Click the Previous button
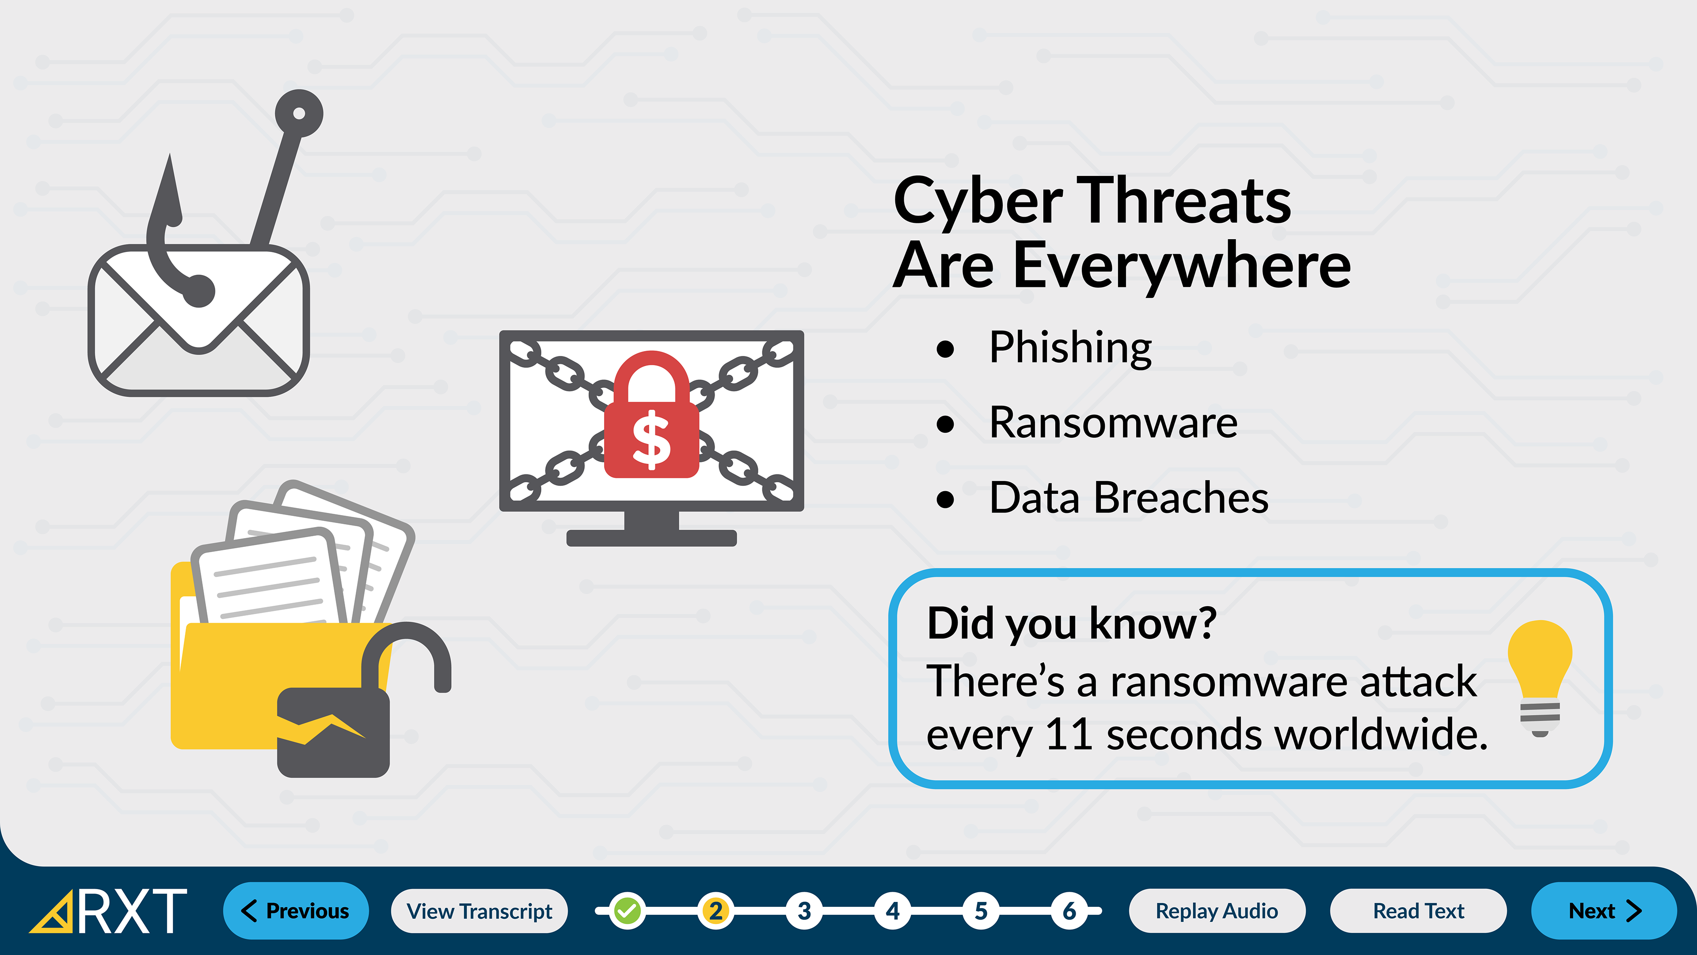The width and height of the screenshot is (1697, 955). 296,910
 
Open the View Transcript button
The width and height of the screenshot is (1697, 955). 479,911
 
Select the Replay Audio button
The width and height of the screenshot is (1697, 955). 1217,911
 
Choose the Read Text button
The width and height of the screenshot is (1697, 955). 1418,911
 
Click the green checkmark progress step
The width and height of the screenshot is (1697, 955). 627,911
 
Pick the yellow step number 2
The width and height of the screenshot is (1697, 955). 715,911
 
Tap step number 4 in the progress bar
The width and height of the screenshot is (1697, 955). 893,911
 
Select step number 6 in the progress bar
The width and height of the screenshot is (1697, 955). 1069,911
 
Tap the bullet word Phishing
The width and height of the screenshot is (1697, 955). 1070,348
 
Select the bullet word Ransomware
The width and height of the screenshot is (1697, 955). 1113,423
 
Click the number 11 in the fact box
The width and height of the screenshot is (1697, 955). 1069,734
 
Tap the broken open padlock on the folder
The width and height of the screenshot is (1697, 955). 364,700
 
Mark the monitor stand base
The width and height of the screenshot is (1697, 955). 651,538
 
